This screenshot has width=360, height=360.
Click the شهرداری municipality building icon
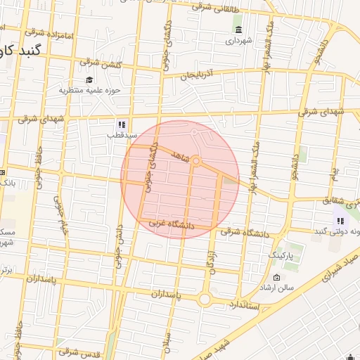click(239, 30)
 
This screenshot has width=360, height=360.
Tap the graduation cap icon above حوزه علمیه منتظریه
click(89, 79)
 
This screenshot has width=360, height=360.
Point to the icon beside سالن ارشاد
click(276, 278)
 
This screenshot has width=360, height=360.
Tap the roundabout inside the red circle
click(196, 162)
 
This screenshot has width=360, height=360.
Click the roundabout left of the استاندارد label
click(205, 299)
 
